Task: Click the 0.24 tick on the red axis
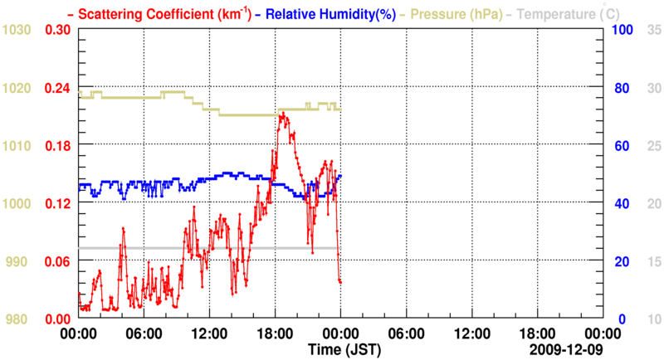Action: (57, 88)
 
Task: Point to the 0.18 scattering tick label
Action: (57, 146)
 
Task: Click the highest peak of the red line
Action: (282, 114)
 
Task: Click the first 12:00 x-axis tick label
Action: (209, 333)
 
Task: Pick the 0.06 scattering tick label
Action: (57, 262)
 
